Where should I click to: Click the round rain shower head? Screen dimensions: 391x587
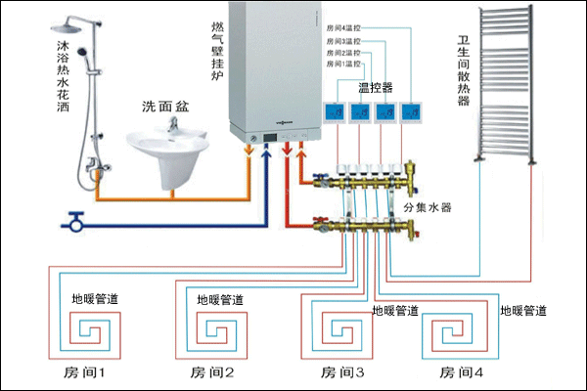67,24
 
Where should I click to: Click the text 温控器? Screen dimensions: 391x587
375,87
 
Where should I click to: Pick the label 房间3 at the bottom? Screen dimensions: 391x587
343,372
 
